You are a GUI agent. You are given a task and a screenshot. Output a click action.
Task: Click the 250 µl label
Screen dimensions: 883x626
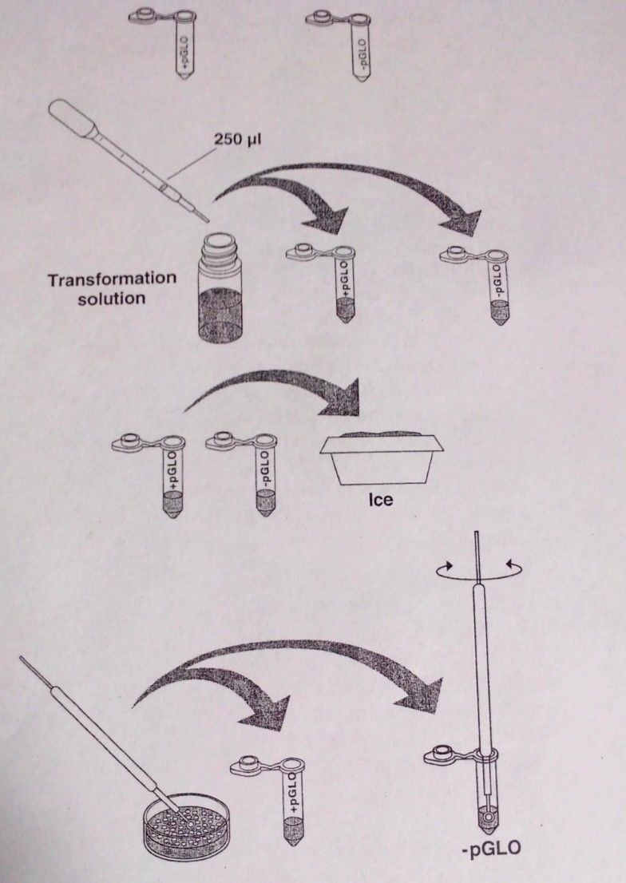[238, 137]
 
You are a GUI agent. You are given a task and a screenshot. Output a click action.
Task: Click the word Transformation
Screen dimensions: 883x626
[111, 280]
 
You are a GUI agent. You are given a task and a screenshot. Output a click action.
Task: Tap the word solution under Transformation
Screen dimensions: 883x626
[97, 299]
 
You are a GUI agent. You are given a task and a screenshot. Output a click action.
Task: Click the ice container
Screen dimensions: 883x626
[378, 457]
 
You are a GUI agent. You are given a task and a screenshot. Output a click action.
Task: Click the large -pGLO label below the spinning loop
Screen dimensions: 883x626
[491, 849]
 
